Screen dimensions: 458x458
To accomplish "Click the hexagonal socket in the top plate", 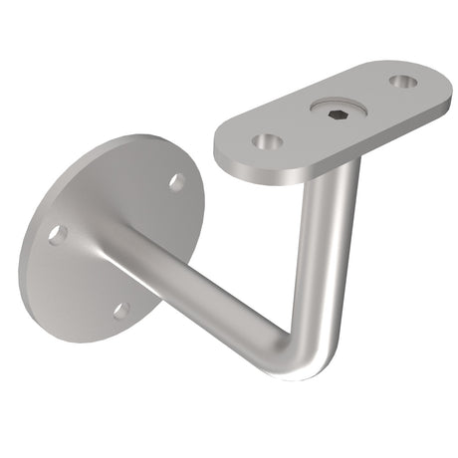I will [x=335, y=113].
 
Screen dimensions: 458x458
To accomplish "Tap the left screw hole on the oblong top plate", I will [x=264, y=142].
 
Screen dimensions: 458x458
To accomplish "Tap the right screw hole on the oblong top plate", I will [x=403, y=82].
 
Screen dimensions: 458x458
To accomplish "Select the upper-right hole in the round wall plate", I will [x=176, y=181].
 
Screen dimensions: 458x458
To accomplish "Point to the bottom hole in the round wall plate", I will [x=121, y=310].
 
